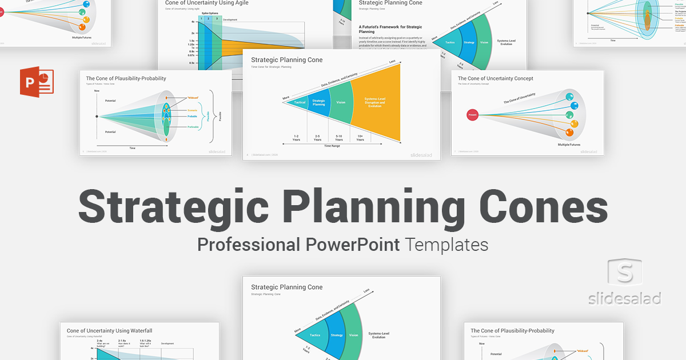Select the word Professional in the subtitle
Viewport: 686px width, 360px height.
click(248, 245)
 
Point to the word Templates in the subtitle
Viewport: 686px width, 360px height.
click(446, 245)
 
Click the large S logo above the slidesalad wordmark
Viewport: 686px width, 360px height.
click(624, 273)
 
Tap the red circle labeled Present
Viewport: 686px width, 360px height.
click(473, 114)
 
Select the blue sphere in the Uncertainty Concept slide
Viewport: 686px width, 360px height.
click(574, 105)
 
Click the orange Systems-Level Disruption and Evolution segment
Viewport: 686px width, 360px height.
click(375, 103)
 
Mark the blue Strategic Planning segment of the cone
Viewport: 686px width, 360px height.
click(318, 103)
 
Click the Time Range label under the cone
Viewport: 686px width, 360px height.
click(332, 146)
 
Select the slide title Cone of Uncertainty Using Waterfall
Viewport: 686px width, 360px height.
click(109, 330)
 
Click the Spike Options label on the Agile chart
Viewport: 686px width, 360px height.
click(210, 13)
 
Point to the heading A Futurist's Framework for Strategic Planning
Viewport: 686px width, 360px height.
click(390, 29)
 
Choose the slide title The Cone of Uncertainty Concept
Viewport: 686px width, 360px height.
click(495, 78)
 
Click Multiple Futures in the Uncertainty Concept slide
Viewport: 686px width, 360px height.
click(572, 145)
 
